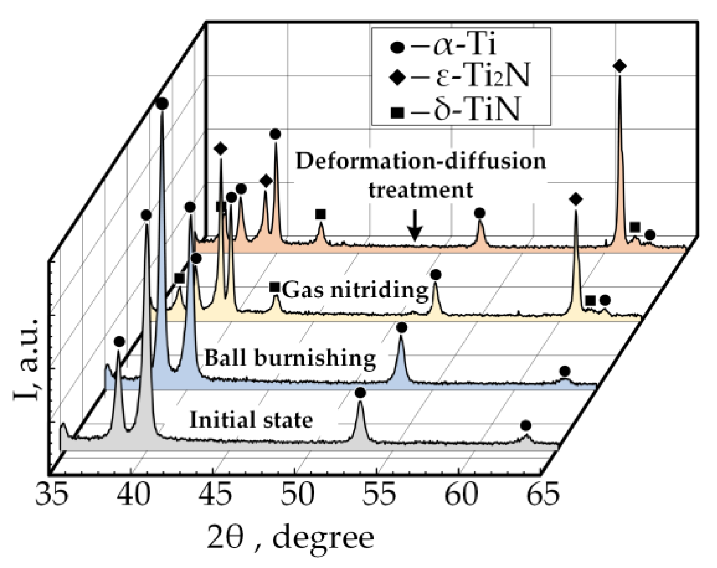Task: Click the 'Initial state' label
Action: click(x=251, y=420)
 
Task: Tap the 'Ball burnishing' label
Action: click(x=290, y=358)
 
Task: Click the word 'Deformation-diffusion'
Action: click(x=421, y=161)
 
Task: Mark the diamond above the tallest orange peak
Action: click(x=619, y=66)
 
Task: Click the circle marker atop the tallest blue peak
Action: click(x=162, y=104)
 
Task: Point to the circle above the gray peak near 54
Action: click(x=360, y=393)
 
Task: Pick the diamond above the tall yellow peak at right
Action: click(x=576, y=200)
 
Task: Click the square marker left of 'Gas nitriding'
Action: click(x=275, y=288)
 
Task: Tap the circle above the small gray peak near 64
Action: click(x=526, y=425)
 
